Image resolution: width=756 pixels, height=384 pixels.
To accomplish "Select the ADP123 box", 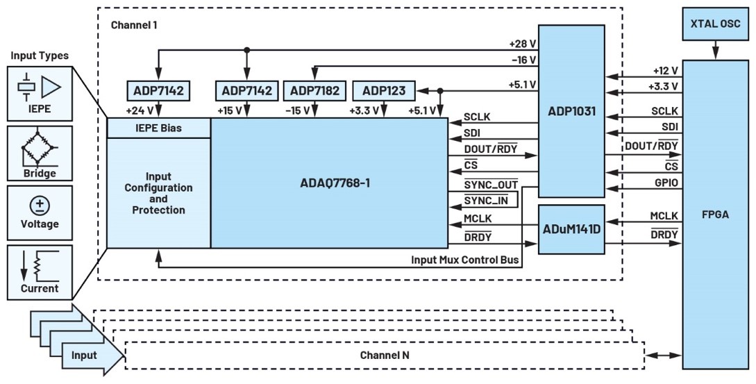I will [x=384, y=90].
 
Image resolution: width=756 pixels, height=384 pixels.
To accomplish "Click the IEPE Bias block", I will [x=158, y=128].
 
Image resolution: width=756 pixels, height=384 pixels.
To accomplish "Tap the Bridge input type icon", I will [x=40, y=153].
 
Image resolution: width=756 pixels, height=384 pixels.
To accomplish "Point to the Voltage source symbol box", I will [x=40, y=211].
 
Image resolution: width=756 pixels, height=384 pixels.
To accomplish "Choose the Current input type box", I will [x=40, y=271].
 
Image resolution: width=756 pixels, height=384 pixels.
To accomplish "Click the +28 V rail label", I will [x=522, y=44].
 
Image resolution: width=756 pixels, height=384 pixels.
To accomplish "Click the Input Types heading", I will [x=39, y=56].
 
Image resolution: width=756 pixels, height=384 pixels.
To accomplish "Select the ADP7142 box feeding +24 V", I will [x=159, y=90].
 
